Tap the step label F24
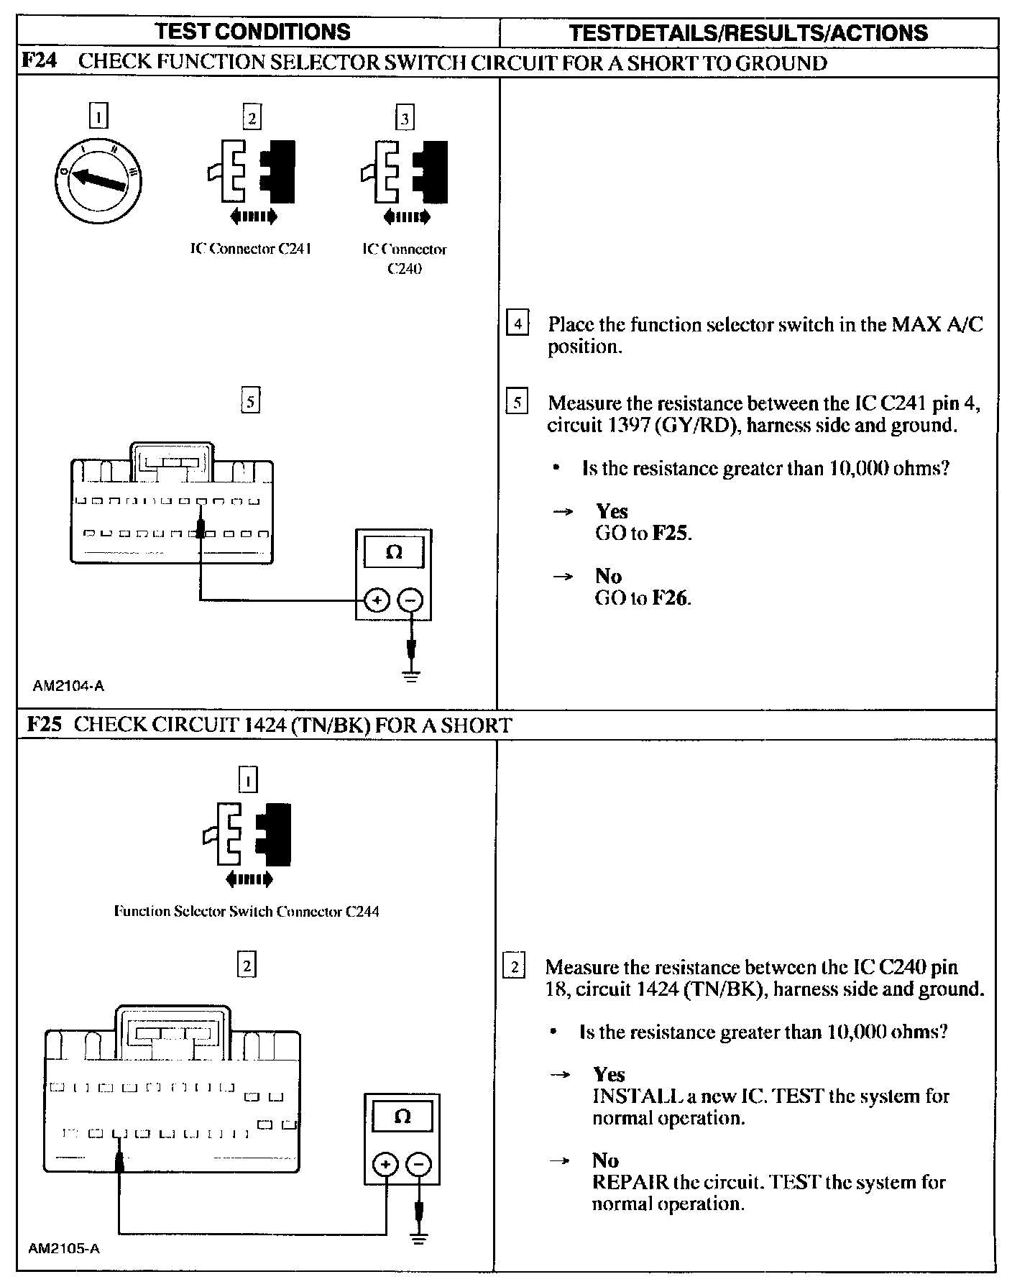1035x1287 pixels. (40, 62)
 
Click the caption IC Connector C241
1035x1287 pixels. (250, 249)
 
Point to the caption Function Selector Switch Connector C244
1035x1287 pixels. (247, 912)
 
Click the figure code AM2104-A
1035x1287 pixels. (68, 686)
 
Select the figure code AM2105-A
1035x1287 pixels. (64, 1249)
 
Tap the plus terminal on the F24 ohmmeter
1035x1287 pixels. (377, 600)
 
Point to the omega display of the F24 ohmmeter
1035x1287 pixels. (393, 552)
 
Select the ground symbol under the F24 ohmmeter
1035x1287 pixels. (411, 676)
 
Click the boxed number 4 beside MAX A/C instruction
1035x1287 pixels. (517, 324)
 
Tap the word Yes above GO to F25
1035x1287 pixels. (612, 511)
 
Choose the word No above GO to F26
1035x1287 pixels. (608, 576)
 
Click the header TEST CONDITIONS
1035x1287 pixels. (253, 32)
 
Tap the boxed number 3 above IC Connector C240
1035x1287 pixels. (405, 118)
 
